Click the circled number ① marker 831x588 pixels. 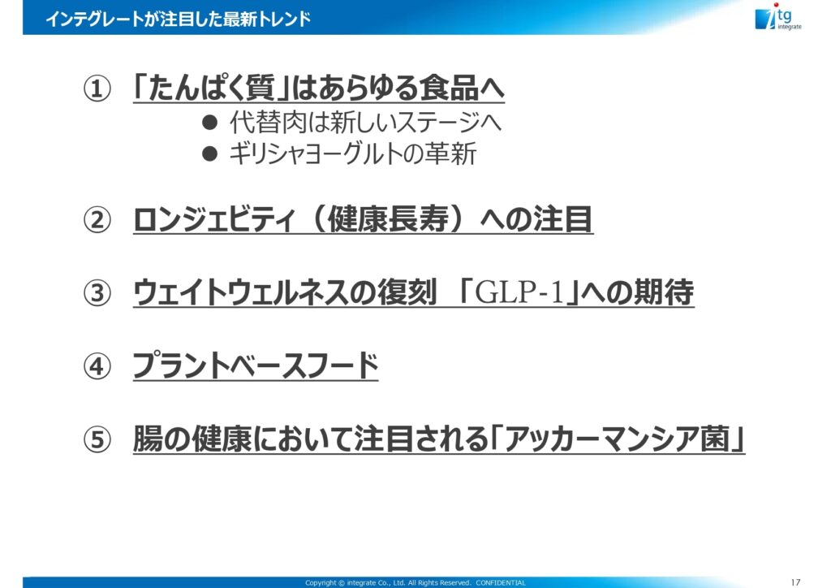[97, 89]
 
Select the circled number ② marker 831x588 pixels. [97, 219]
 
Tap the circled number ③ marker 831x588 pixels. [97, 292]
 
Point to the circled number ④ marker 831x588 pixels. [97, 365]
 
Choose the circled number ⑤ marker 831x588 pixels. [97, 439]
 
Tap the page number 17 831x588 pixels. [795, 582]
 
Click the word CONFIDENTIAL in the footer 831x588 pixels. [500, 582]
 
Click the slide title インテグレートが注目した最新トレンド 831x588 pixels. [178, 19]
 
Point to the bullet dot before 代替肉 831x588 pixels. [210, 123]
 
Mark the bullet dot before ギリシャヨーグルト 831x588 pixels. [210, 153]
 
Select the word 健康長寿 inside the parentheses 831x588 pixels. [388, 219]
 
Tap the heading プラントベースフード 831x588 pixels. [256, 365]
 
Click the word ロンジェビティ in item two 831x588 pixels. [213, 219]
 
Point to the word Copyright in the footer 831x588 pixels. [321, 582]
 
